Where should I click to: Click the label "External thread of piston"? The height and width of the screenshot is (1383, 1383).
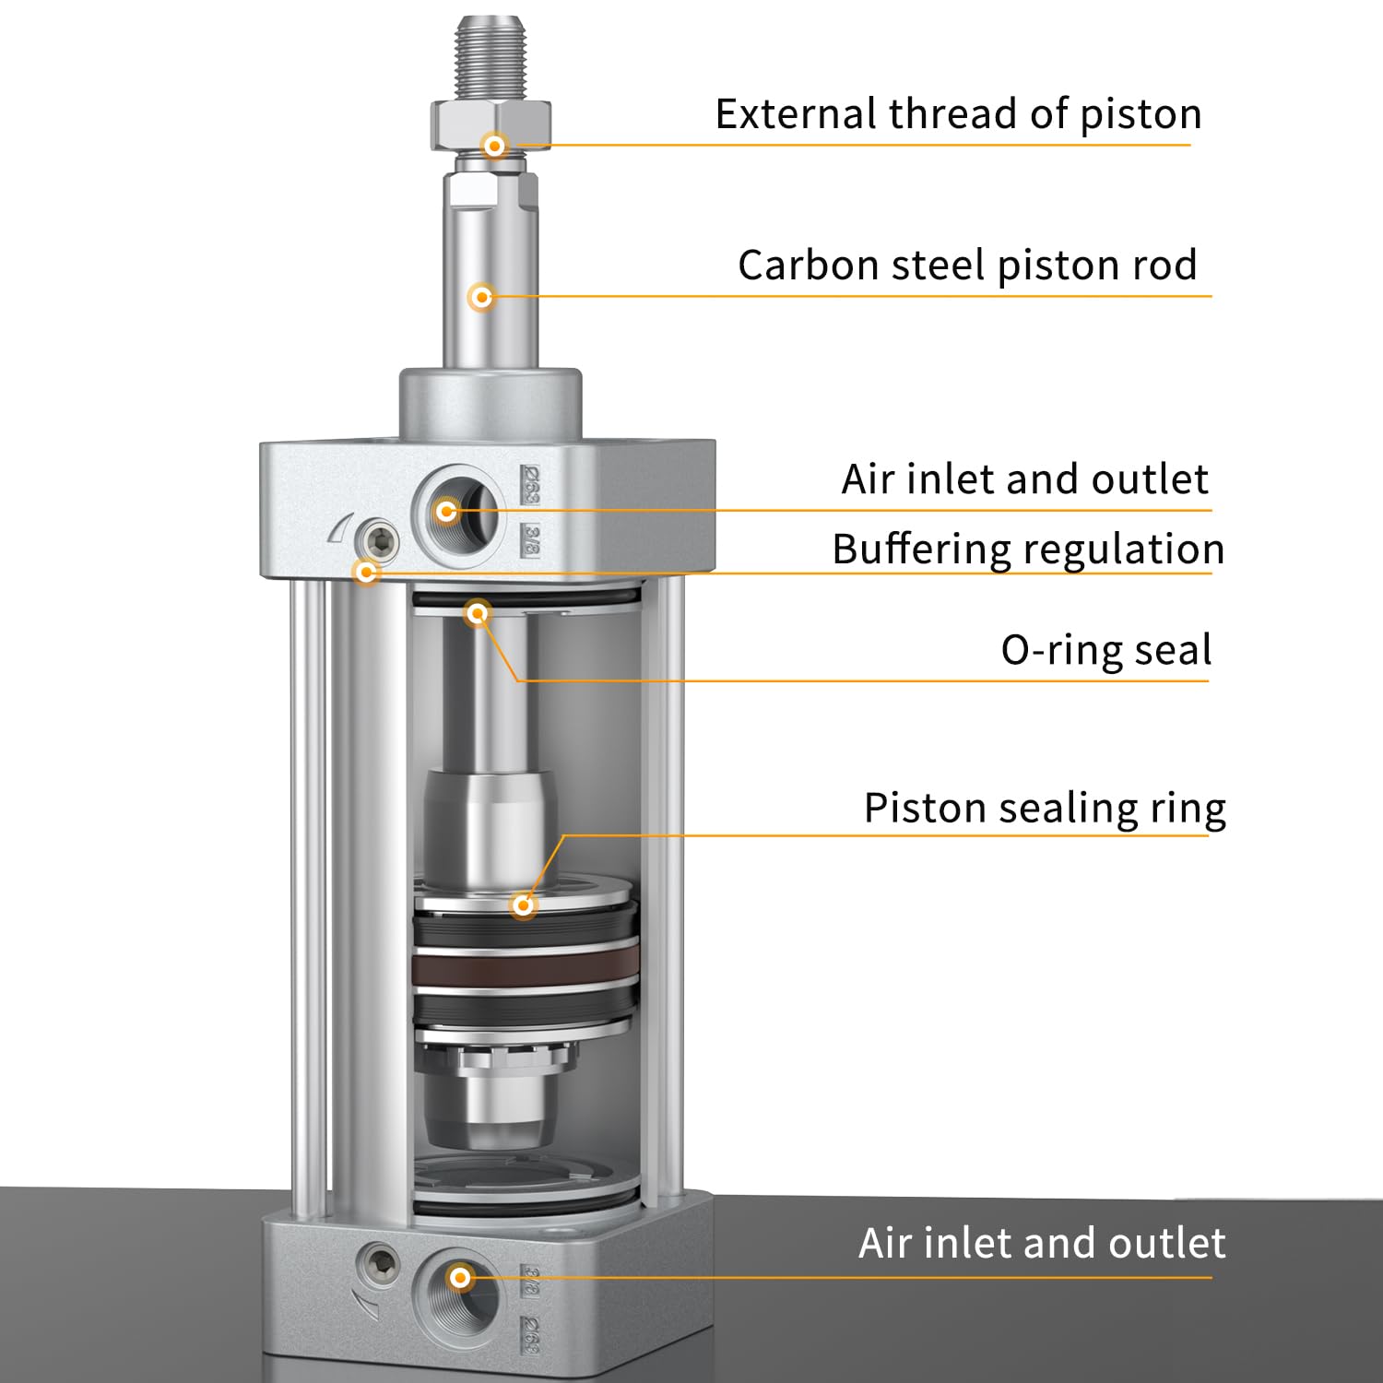click(x=958, y=114)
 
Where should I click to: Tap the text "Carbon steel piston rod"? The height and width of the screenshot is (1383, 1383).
click(x=967, y=266)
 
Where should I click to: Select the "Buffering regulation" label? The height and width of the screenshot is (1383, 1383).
click(x=1028, y=550)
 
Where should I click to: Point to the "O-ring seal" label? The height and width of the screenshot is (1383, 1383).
click(x=1105, y=650)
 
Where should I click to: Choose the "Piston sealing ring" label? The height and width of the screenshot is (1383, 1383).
click(x=1045, y=809)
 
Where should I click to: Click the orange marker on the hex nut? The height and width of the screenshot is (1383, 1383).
click(x=495, y=146)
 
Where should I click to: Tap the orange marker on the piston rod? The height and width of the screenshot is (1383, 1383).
click(x=481, y=297)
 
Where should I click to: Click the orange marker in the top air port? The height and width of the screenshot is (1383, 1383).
click(x=447, y=510)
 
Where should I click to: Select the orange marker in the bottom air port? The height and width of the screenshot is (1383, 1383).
click(x=460, y=1278)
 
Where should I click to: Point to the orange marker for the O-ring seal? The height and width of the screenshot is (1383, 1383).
click(x=478, y=613)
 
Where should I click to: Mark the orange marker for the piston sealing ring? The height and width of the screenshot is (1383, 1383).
click(x=524, y=904)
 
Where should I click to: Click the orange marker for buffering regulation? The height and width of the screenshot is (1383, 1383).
click(x=367, y=572)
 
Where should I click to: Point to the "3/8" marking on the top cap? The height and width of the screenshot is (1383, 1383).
click(x=530, y=538)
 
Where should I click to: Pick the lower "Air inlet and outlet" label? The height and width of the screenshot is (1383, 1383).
click(x=1042, y=1244)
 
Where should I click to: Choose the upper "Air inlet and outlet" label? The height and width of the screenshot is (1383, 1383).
click(x=1024, y=479)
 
